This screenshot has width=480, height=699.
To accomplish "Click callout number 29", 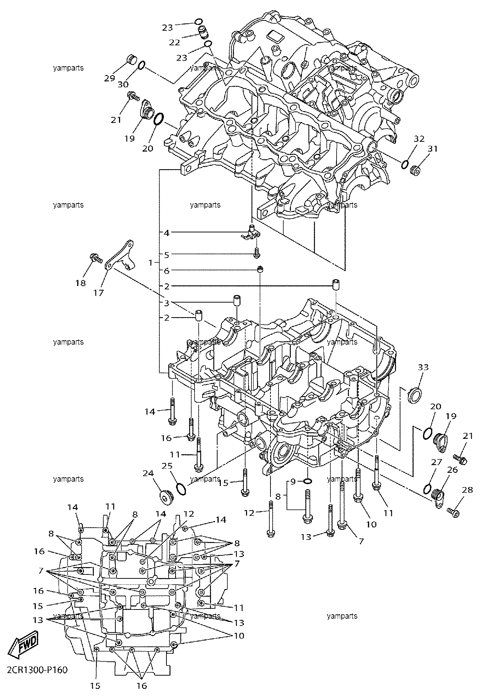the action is [x=110, y=78].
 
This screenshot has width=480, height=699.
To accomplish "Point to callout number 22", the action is [x=174, y=42].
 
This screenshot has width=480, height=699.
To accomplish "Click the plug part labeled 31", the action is [x=415, y=170].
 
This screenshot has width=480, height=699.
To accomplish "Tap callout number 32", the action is [x=419, y=139].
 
